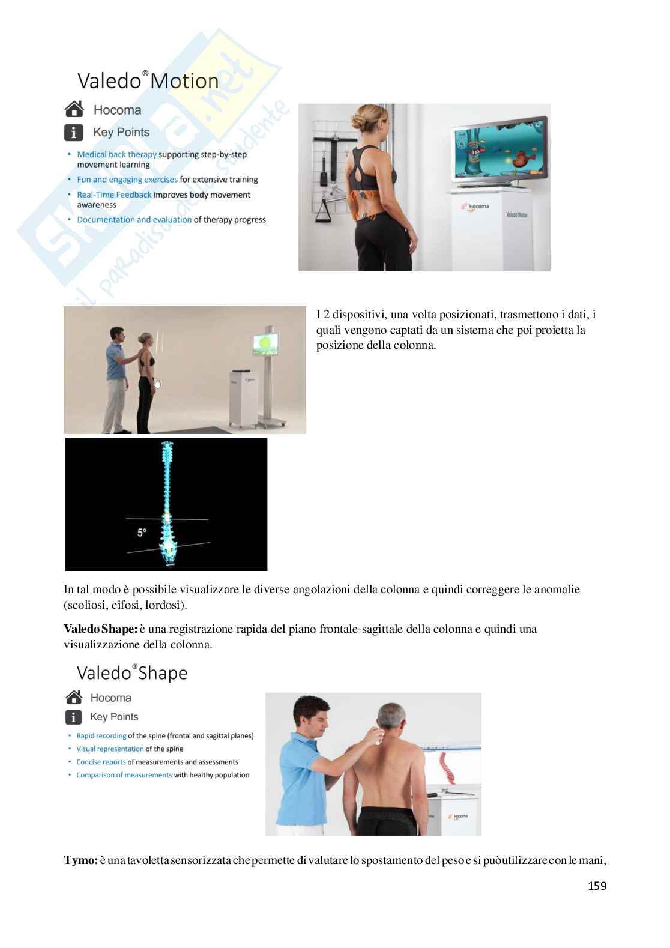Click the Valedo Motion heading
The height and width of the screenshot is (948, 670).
point(148,81)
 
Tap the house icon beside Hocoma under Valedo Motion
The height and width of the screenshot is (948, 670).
point(74,109)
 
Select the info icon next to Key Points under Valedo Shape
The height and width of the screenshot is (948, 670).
point(73,717)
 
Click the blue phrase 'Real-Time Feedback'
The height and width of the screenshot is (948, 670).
point(114,195)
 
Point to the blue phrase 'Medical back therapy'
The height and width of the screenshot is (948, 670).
point(117,154)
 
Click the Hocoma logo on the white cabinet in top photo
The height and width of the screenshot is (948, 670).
point(475,207)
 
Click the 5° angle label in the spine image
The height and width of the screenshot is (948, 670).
point(142,532)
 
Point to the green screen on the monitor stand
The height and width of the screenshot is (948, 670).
point(265,344)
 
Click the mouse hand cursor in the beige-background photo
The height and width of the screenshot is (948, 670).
point(158,384)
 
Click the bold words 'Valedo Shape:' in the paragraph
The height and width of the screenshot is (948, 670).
point(100,629)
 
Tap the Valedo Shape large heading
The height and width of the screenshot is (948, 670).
point(132,673)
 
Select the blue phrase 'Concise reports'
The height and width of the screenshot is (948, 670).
point(101,762)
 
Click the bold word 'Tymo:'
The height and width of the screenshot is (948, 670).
point(81,860)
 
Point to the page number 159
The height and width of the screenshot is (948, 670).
point(597,886)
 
